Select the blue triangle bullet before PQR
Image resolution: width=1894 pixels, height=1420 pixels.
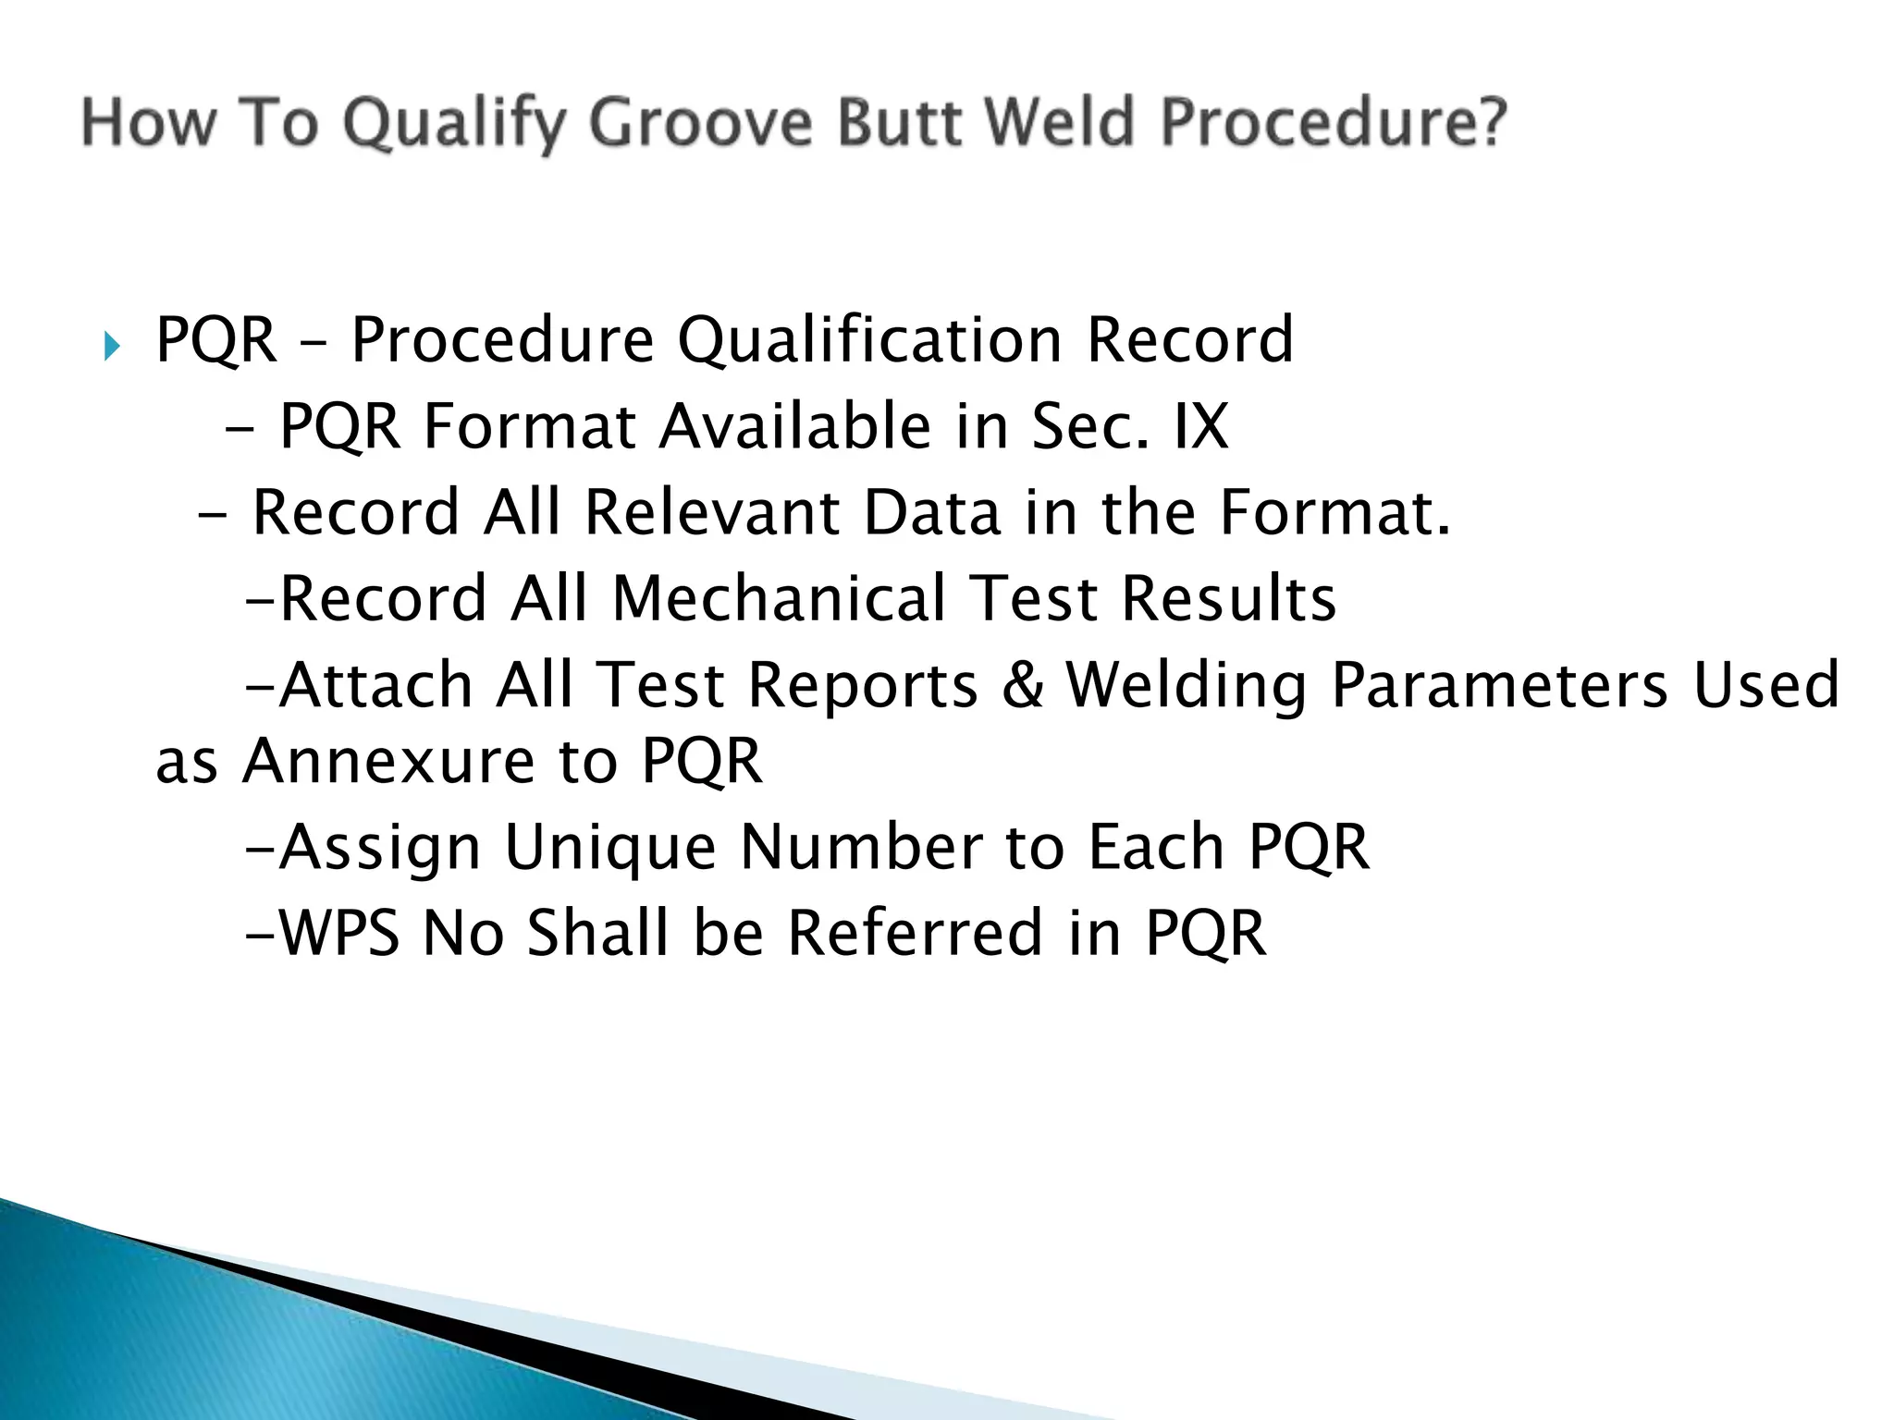[112, 348]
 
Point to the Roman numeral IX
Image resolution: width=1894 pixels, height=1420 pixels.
[1200, 426]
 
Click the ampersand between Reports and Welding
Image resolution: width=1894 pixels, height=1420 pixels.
[1022, 685]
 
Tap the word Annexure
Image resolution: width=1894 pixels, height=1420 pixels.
[388, 761]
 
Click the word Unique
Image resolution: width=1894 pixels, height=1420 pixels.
[610, 847]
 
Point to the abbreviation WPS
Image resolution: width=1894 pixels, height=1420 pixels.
[338, 933]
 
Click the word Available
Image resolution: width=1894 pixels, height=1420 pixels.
[795, 426]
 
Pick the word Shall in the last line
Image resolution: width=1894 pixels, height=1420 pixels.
[596, 933]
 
